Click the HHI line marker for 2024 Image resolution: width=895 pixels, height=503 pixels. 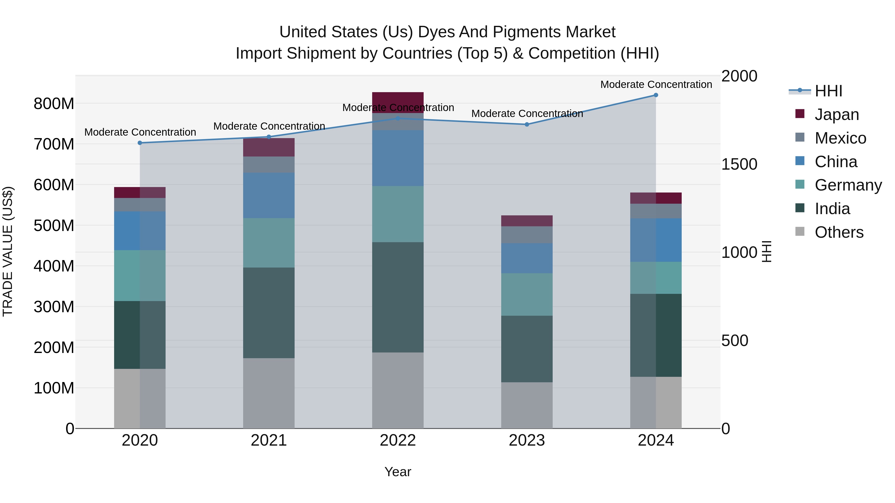click(x=656, y=95)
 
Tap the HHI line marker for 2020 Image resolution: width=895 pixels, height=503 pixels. click(x=140, y=143)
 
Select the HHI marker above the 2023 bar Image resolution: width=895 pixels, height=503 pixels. click(x=527, y=124)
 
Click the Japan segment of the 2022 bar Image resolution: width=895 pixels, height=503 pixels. click(x=398, y=99)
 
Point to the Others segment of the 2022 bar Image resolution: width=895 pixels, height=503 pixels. click(x=398, y=390)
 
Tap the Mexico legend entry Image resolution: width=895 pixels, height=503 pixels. click(x=840, y=138)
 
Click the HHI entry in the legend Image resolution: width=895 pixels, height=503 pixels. click(x=828, y=91)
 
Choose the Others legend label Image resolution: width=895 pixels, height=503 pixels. click(x=839, y=232)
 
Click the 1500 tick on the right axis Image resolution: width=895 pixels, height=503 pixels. click(x=739, y=164)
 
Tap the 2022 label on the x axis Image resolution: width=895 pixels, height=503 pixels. click(x=398, y=440)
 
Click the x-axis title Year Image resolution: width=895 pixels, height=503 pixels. click(x=398, y=472)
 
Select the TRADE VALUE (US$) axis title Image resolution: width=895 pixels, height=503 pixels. click(x=8, y=251)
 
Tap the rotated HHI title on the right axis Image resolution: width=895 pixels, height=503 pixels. click(x=766, y=251)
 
